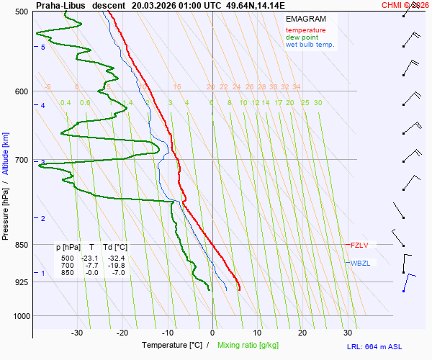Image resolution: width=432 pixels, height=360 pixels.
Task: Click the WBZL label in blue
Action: point(361,263)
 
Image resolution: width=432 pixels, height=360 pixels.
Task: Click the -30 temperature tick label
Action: point(77,333)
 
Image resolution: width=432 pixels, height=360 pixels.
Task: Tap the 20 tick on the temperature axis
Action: point(302,333)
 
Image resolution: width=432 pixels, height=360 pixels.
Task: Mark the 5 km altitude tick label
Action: point(43,47)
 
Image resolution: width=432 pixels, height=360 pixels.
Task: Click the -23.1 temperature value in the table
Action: point(89,258)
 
